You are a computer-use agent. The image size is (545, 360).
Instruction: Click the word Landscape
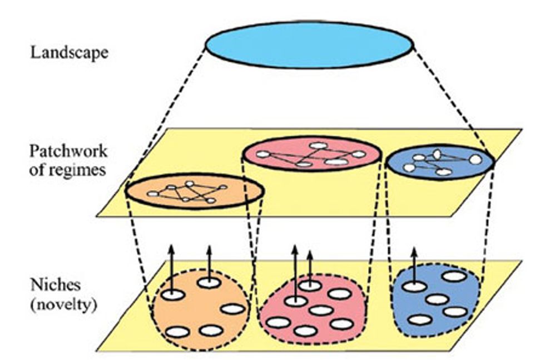(70, 53)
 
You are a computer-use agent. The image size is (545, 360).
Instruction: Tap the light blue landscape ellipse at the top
(309, 45)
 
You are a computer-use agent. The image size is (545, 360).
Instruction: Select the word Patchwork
(67, 151)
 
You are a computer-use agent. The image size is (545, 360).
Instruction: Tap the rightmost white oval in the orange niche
(232, 309)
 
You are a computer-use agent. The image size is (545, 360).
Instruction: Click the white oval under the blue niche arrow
(413, 287)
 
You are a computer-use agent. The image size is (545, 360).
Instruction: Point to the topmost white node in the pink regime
(318, 145)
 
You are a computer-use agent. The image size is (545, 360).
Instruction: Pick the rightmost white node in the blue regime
(475, 160)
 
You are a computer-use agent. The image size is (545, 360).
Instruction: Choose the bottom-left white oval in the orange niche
(177, 332)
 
